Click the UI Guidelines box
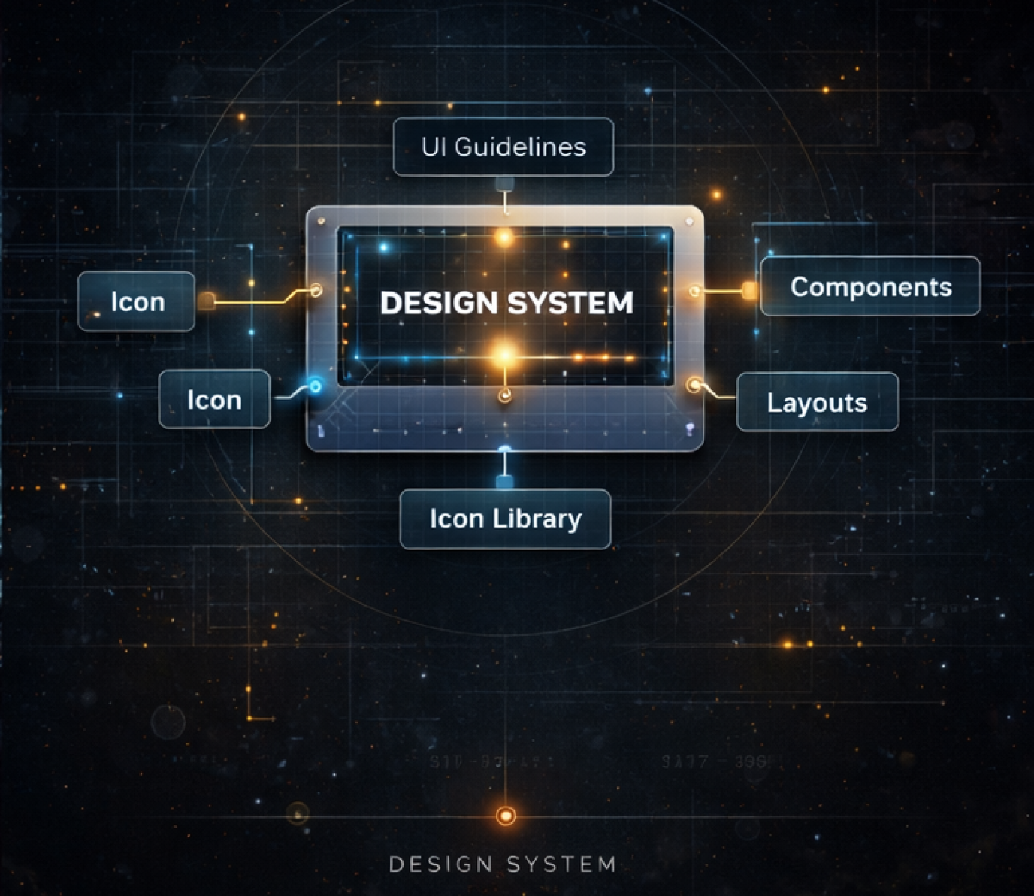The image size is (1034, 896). [x=503, y=147]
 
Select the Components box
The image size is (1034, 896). [x=870, y=286]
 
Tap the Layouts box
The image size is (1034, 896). [x=817, y=402]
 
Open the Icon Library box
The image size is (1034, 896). [x=505, y=519]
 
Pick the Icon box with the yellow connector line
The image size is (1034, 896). [x=137, y=301]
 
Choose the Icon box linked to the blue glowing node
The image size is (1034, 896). [x=214, y=400]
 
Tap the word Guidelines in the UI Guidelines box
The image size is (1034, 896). [x=520, y=147]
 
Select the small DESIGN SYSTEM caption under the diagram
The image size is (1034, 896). [x=502, y=864]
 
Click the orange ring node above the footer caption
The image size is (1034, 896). [x=506, y=816]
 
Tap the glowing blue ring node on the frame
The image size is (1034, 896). [x=316, y=386]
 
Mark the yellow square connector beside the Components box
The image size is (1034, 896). [x=749, y=290]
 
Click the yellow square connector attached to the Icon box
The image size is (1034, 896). [x=206, y=301]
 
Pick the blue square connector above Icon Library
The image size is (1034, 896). [x=505, y=481]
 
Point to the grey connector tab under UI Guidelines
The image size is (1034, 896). [x=504, y=183]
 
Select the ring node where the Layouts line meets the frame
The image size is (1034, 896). [x=694, y=385]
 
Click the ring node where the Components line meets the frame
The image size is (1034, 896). [x=695, y=291]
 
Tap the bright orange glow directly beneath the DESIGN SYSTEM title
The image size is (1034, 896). [x=504, y=354]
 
